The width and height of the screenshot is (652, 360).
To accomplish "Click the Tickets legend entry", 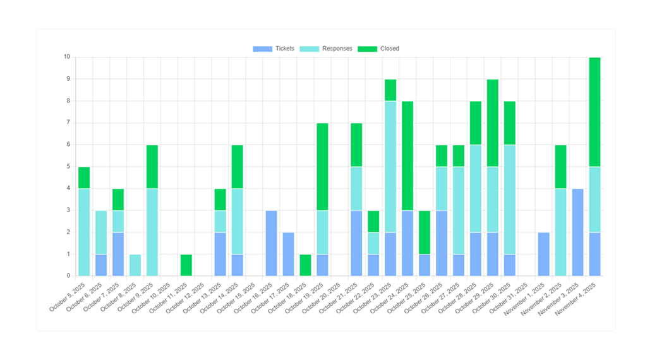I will pos(274,49).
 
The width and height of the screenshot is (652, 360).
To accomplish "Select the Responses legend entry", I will pos(326,49).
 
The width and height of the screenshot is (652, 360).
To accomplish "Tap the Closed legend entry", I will pos(378,49).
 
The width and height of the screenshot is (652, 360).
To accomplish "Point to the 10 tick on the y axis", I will pos(66,57).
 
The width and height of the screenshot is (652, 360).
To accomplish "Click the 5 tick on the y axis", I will pos(68,167).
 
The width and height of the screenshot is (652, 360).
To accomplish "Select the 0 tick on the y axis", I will pos(68,276).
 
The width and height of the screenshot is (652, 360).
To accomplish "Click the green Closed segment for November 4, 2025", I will pos(594,112).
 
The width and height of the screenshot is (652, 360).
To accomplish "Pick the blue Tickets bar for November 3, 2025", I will pos(577,232).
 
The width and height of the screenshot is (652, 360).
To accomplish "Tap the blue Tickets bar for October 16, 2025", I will pos(272,243).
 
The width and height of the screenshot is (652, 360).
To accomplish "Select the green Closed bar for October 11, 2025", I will pos(186,265).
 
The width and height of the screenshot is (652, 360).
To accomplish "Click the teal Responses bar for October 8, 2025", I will pos(135,265).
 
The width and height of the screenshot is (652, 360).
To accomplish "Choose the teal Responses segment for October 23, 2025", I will pos(390,166).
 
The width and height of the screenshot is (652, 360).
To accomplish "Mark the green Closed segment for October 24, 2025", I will pos(407,155).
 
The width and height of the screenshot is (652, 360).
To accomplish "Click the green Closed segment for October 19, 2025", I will pos(322,167).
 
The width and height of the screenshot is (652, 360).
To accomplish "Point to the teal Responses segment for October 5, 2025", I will pos(84,232).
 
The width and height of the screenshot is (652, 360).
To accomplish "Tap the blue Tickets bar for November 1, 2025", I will pos(543,254).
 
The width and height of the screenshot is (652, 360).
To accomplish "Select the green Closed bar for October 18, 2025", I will pos(305,265).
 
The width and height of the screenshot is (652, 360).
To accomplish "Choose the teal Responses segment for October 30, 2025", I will pos(509,199).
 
